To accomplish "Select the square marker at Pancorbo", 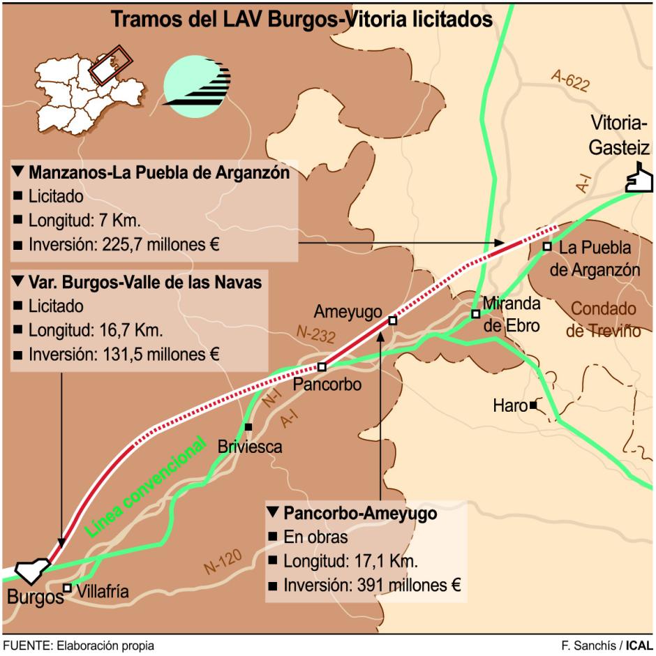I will coord(322,366).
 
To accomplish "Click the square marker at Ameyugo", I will coord(392,321).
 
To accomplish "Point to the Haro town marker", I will coord(533,405).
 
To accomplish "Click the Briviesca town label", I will coord(250,446).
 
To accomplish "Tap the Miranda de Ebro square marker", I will coord(475,314).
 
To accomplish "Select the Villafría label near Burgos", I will coord(103,592).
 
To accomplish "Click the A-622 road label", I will coord(569,82).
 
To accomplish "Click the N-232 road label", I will coord(315,333).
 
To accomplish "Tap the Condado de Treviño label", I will coord(603,319).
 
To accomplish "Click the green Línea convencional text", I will coord(146,486).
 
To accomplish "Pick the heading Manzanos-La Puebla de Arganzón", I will coord(158,173).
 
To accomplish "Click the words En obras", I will coord(315,537).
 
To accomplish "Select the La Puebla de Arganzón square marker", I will coord(547,246).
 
